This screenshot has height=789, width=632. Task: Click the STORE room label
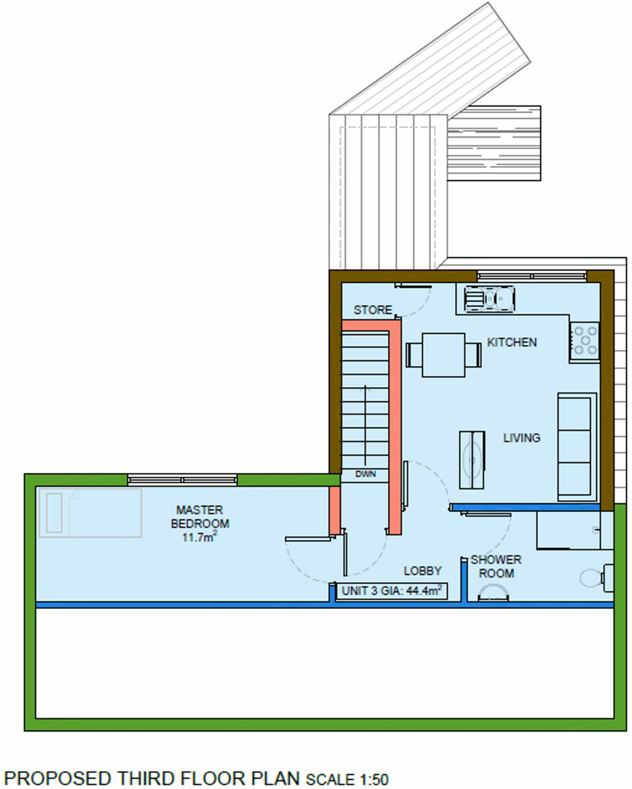click(x=372, y=310)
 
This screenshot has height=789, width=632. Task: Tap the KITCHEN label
click(x=511, y=342)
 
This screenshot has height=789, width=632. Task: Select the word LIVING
click(x=521, y=438)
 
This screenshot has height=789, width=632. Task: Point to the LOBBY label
click(x=422, y=571)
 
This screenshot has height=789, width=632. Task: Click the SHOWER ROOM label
click(x=496, y=566)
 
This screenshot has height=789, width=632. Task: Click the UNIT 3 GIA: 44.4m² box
click(x=391, y=591)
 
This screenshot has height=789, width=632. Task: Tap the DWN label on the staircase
click(x=365, y=474)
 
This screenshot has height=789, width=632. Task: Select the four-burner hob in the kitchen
click(x=585, y=340)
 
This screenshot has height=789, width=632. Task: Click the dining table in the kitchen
click(x=443, y=355)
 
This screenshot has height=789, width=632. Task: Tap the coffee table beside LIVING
click(x=472, y=460)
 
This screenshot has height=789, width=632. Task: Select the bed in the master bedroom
click(x=90, y=513)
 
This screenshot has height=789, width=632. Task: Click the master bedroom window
click(x=182, y=480)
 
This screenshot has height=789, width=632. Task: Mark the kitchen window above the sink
click(x=532, y=276)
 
